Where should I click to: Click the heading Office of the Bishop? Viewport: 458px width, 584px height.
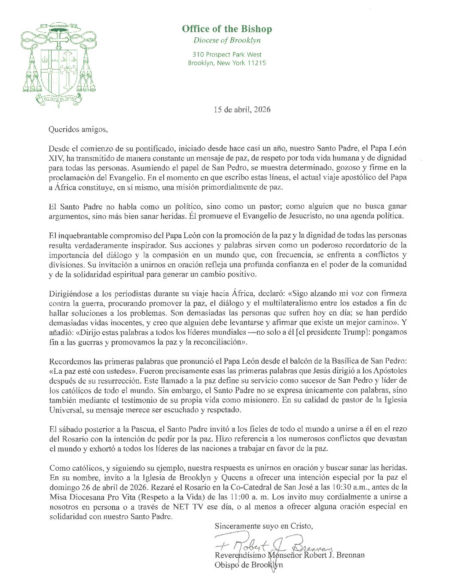[226, 29]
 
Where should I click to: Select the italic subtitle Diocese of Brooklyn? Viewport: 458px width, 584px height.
[226, 41]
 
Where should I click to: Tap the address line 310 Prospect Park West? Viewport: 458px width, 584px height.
[227, 54]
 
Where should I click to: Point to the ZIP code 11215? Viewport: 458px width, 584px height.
[256, 63]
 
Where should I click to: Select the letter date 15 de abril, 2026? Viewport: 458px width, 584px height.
[242, 109]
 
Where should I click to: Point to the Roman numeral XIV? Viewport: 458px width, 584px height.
[56, 158]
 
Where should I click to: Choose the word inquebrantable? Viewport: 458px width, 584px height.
[82, 236]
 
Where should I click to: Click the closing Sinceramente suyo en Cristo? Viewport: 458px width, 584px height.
[264, 526]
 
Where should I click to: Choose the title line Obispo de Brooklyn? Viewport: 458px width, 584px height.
[248, 565]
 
